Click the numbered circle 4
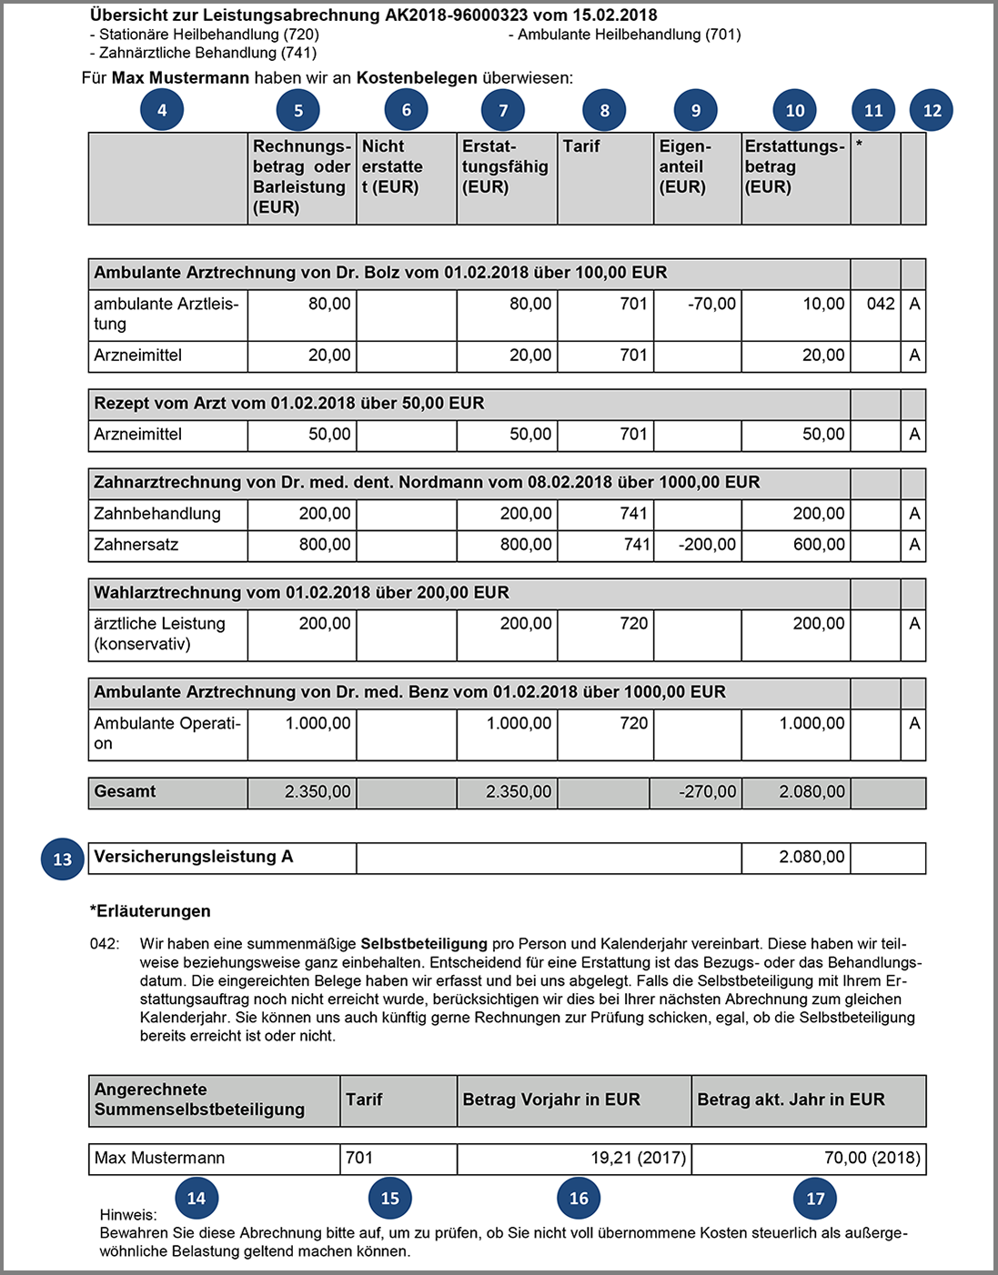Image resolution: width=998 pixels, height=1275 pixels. [162, 111]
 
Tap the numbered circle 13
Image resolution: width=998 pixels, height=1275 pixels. [62, 859]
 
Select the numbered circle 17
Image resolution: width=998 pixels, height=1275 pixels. [815, 1199]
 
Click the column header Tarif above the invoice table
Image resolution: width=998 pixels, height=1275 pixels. [581, 146]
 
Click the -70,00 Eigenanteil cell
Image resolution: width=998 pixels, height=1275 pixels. [711, 304]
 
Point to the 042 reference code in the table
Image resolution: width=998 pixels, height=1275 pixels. [880, 304]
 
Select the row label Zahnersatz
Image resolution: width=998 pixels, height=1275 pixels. [136, 545]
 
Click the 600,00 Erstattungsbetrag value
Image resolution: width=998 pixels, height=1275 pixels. [819, 545]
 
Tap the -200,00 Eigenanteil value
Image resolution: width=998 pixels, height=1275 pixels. [707, 545]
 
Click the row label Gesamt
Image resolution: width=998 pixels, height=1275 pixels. [125, 791]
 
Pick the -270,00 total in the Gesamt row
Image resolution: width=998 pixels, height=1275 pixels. [707, 792]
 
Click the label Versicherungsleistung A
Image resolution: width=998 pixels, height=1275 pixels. [194, 857]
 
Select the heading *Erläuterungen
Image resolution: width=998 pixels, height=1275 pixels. [150, 911]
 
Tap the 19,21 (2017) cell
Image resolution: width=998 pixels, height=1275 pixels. [638, 1158]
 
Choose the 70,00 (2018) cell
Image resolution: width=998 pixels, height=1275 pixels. [872, 1158]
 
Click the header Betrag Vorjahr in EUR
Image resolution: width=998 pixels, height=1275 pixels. [551, 1099]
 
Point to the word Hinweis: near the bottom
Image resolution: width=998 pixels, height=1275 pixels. [128, 1215]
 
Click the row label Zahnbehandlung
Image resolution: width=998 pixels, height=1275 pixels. [157, 514]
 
